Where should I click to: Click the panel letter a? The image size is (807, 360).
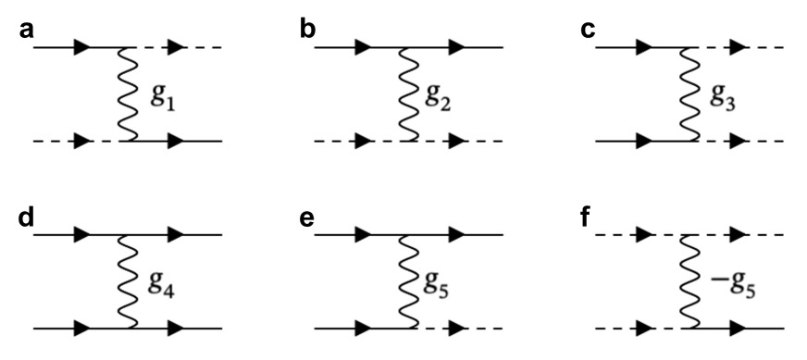coord(27,29)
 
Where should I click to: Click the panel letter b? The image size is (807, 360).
coord(307,29)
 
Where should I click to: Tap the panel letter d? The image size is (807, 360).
coord(27,219)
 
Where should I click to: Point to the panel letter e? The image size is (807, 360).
coord(307,219)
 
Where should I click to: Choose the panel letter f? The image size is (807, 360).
coord(588,219)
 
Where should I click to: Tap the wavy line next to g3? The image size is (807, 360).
coord(689,93)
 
